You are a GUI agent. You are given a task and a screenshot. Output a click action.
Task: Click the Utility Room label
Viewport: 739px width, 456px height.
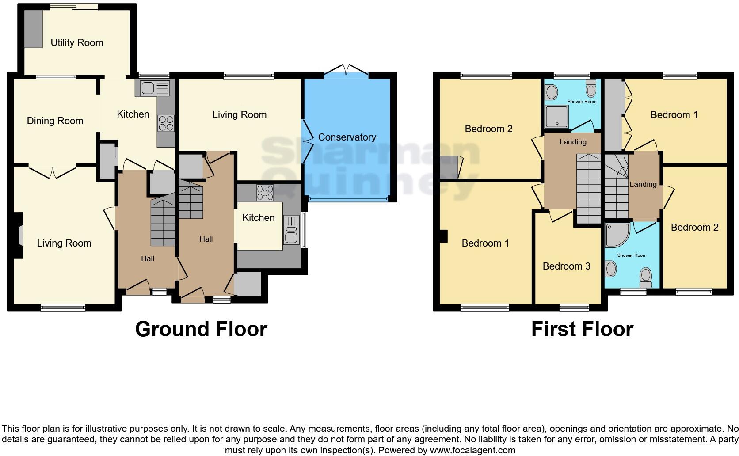pos(76,43)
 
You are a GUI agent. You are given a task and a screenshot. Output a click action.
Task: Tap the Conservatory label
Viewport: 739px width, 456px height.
pos(347,137)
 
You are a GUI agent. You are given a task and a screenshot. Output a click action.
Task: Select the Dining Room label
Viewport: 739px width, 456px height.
pos(55,121)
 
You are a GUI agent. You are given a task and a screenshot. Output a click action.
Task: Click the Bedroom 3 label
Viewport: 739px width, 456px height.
pos(566,266)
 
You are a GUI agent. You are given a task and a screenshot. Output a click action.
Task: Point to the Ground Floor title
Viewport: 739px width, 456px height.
pos(201,329)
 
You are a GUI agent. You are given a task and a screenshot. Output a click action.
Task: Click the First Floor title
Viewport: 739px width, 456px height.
pos(582,329)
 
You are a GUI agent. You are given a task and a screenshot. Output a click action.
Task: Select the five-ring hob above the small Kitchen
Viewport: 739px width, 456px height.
pos(265,192)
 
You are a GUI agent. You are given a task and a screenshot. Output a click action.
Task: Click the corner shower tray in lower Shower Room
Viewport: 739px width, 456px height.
pos(617,235)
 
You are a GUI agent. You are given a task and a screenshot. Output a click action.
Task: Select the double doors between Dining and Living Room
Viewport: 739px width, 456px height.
pos(53,172)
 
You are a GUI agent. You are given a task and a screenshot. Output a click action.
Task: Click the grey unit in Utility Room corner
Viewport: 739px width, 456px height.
pos(33,29)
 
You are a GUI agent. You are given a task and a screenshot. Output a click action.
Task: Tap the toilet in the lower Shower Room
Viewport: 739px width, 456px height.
pos(646,276)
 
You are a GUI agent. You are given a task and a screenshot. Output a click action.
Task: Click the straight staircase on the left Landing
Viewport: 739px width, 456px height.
pos(589,189)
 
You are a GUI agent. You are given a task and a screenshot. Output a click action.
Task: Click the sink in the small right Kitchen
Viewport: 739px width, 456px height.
pos(291,229)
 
